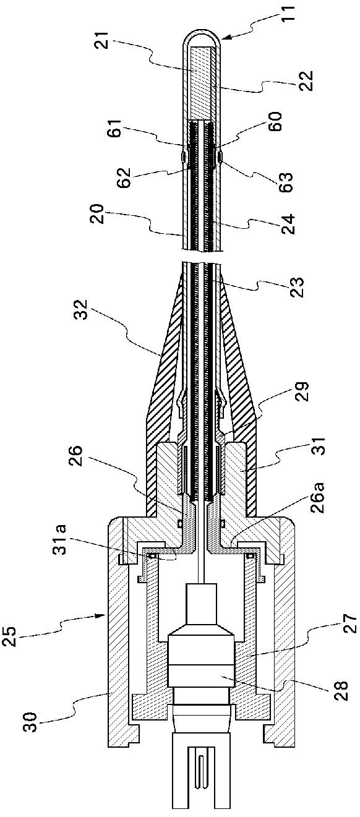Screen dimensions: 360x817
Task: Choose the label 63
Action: pos(286,182)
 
